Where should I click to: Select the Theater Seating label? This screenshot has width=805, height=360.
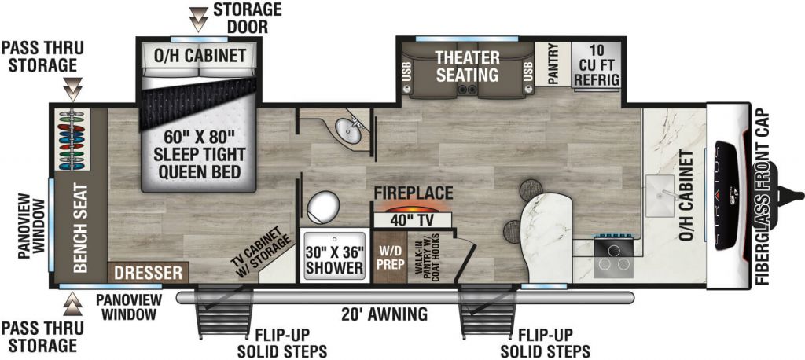[467, 67]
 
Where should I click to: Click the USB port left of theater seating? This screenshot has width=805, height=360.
[407, 75]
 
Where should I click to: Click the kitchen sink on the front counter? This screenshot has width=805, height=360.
[665, 189]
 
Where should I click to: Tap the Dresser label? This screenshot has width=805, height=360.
[149, 274]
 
